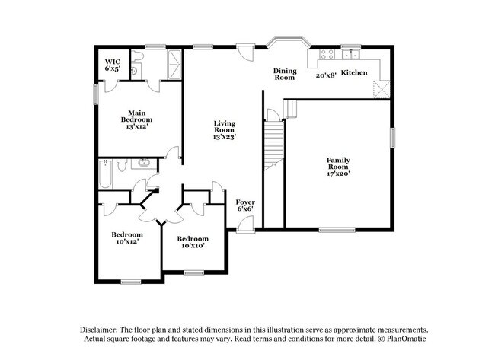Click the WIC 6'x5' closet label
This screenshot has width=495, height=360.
(113, 65)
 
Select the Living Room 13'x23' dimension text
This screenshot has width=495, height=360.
(225, 136)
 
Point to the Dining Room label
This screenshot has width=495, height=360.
(285, 74)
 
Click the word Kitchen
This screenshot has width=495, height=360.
(354, 72)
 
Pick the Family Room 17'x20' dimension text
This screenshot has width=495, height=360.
(338, 174)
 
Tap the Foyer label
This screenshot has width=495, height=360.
(245, 202)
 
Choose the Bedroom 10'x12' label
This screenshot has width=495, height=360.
(127, 238)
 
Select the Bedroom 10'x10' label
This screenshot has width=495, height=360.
(193, 242)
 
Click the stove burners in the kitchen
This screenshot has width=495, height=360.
(327, 54)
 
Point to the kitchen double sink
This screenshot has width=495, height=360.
(351, 55)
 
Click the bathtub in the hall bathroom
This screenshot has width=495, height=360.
(105, 174)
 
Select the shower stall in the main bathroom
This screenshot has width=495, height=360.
(174, 65)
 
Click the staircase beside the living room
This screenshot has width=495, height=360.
(273, 144)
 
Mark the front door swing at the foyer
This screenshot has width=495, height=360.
(246, 225)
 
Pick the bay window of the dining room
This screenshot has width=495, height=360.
(286, 42)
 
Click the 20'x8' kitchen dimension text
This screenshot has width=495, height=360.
(326, 75)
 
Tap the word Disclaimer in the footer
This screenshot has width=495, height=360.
(99, 330)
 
